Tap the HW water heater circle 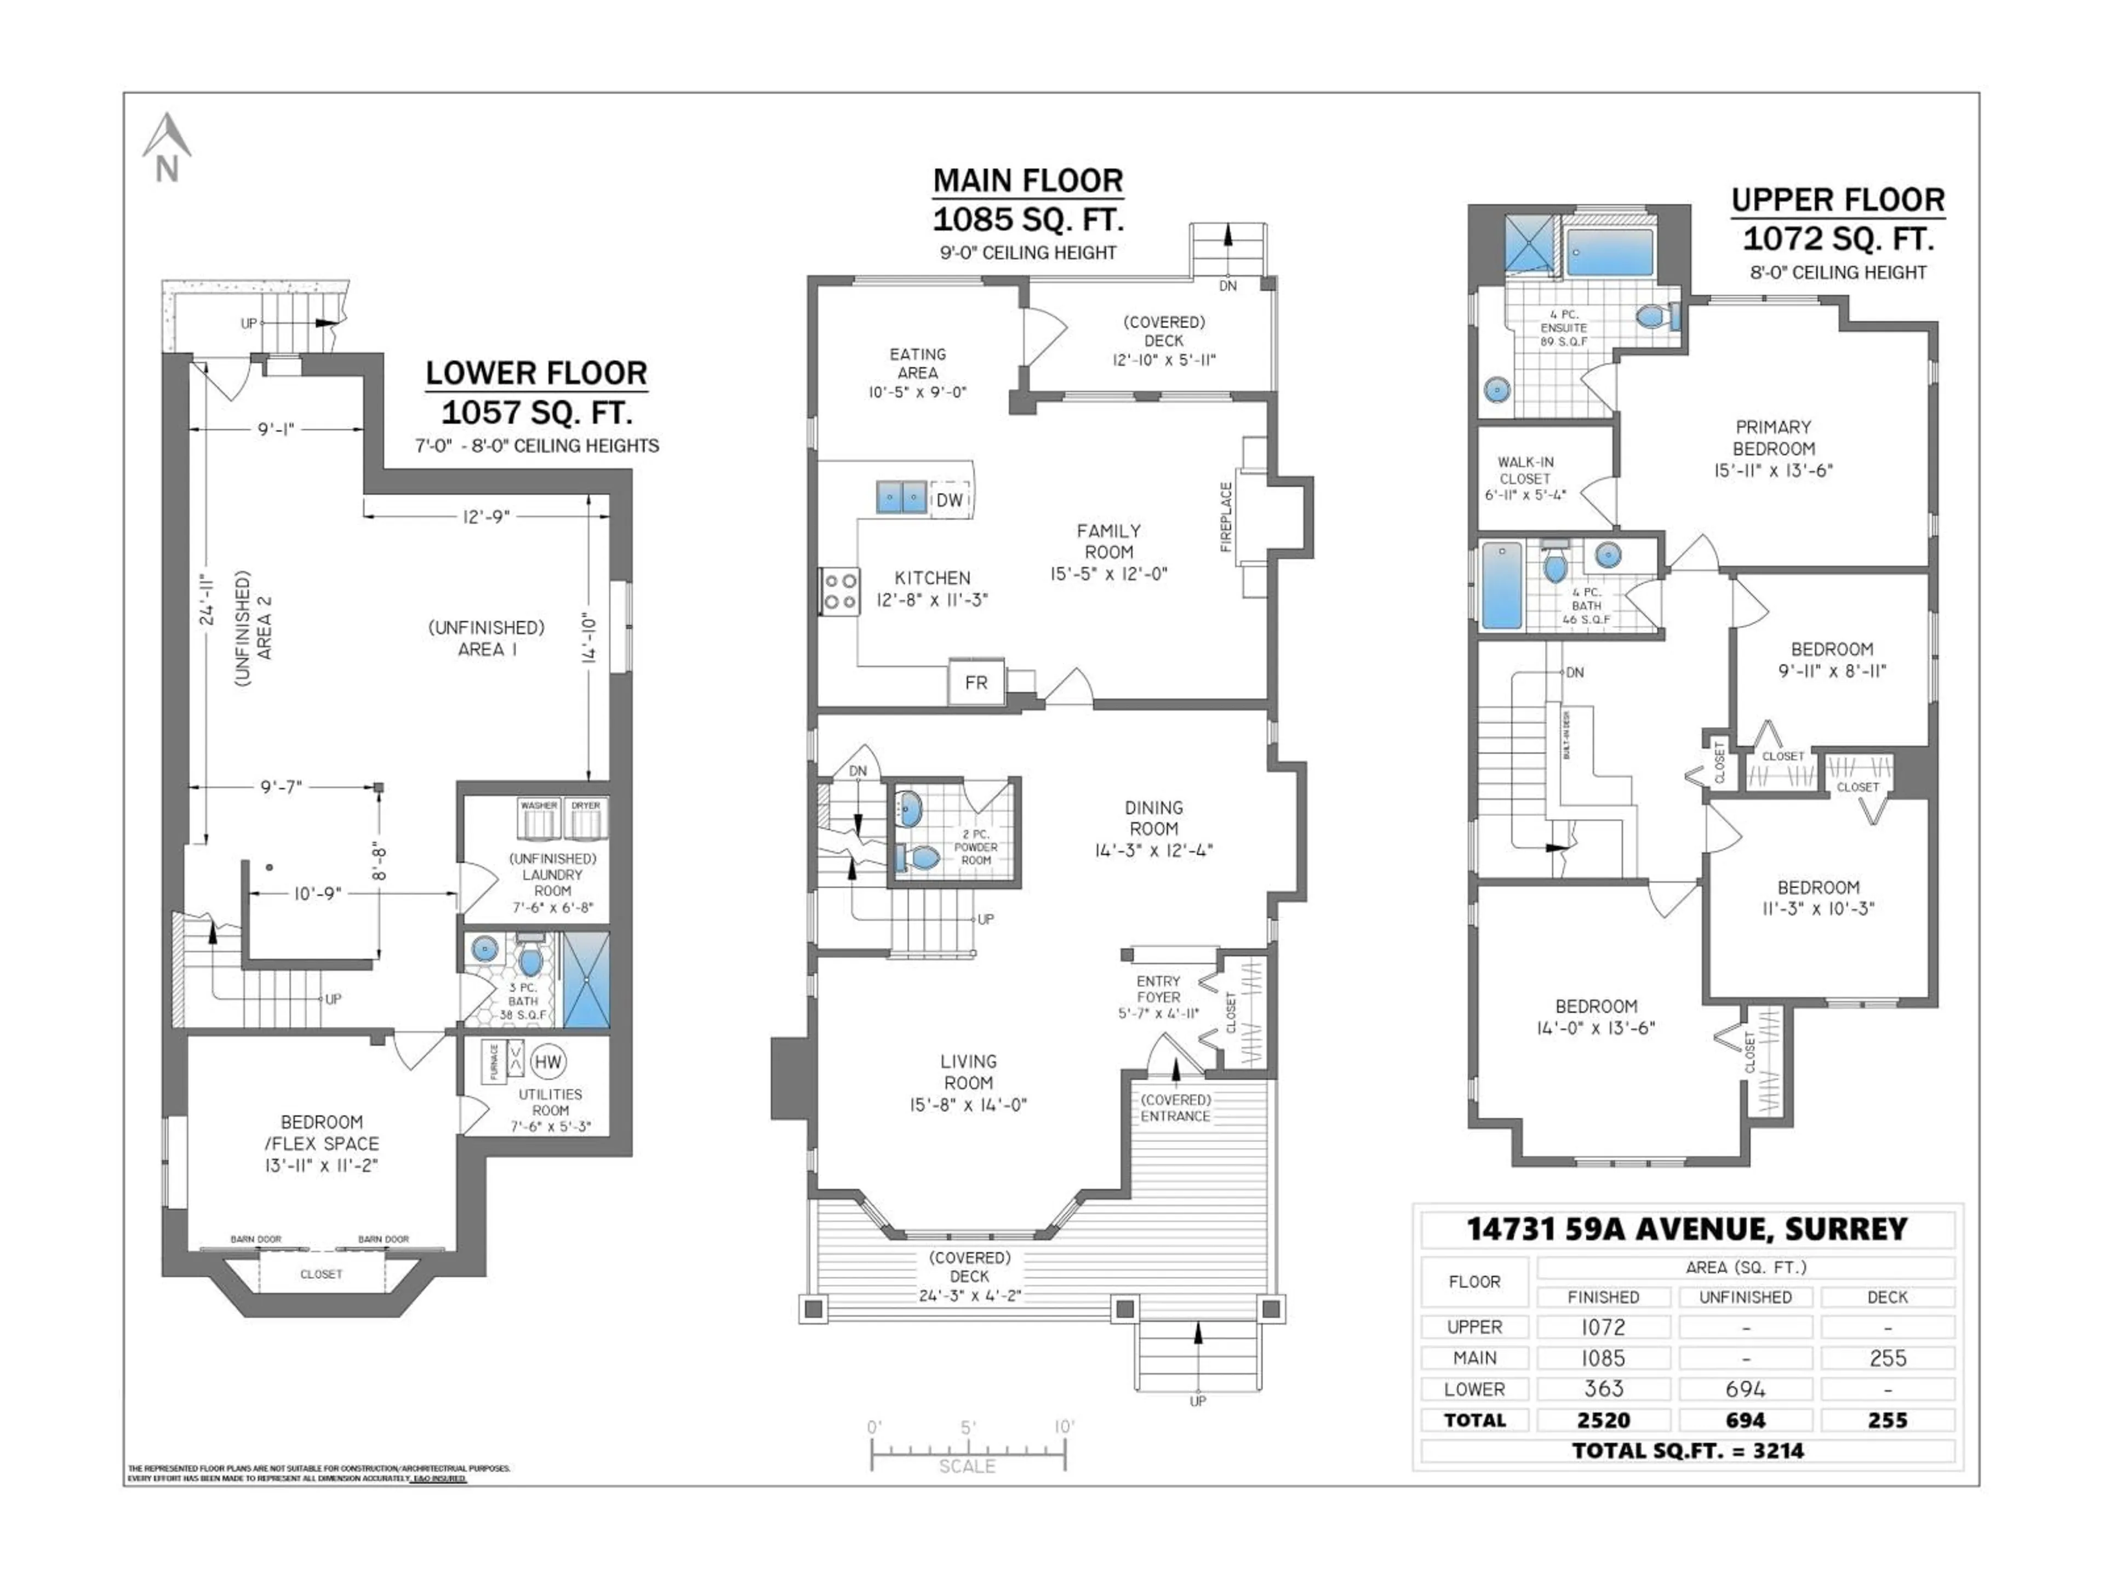click(548, 1061)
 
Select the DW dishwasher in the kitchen click(950, 499)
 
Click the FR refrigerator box click(976, 682)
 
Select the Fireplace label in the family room click(1226, 517)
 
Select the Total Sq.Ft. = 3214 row click(1688, 1450)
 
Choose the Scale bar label click(967, 1466)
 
